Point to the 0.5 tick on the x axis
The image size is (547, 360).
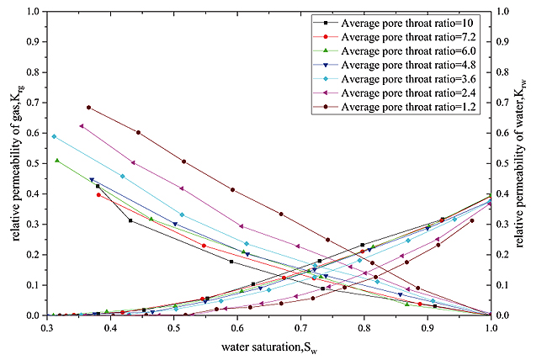pos(173,328)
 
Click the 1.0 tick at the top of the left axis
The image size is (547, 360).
pos(32,12)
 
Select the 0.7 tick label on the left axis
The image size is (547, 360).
pos(32,103)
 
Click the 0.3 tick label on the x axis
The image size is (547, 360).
pos(46,328)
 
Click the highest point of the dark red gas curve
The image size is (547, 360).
pos(88,108)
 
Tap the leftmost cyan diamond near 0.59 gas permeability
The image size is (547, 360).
pos(54,136)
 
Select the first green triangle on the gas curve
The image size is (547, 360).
pos(57,160)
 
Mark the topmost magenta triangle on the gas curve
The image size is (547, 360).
pos(81,126)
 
